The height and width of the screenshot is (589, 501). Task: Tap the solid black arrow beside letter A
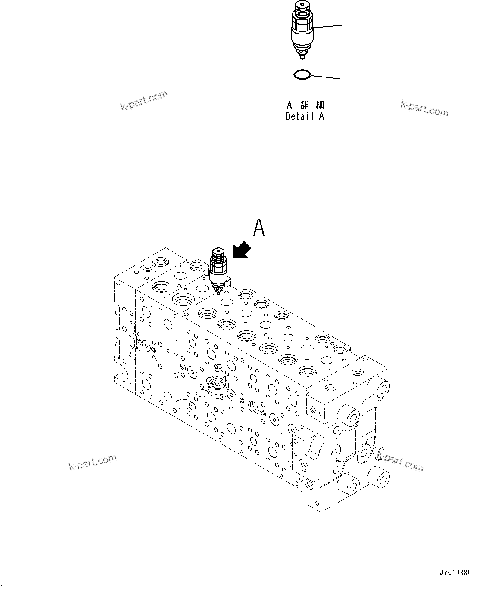(242, 250)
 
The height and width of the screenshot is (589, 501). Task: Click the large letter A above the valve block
(259, 228)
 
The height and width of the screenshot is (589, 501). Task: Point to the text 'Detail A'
(305, 116)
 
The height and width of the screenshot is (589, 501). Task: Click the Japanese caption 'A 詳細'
(305, 105)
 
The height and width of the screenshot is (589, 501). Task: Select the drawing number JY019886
(455, 573)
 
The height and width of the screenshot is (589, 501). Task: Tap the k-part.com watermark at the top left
(144, 100)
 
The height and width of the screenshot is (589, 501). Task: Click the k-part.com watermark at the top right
(424, 108)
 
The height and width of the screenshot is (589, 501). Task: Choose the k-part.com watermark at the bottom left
(93, 462)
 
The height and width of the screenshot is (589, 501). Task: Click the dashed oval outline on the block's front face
(184, 404)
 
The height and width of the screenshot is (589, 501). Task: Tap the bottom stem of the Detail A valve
(303, 55)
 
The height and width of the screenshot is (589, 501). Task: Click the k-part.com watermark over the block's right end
(400, 463)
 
